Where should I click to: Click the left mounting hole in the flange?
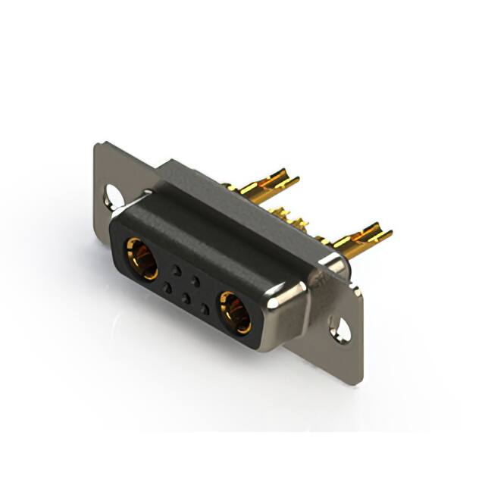114,196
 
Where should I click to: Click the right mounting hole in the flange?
340,330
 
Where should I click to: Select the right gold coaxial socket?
236,313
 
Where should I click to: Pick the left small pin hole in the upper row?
176,270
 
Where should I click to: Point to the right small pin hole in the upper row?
196,281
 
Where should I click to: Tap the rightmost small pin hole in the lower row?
205,309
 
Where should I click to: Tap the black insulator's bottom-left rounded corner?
121,261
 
